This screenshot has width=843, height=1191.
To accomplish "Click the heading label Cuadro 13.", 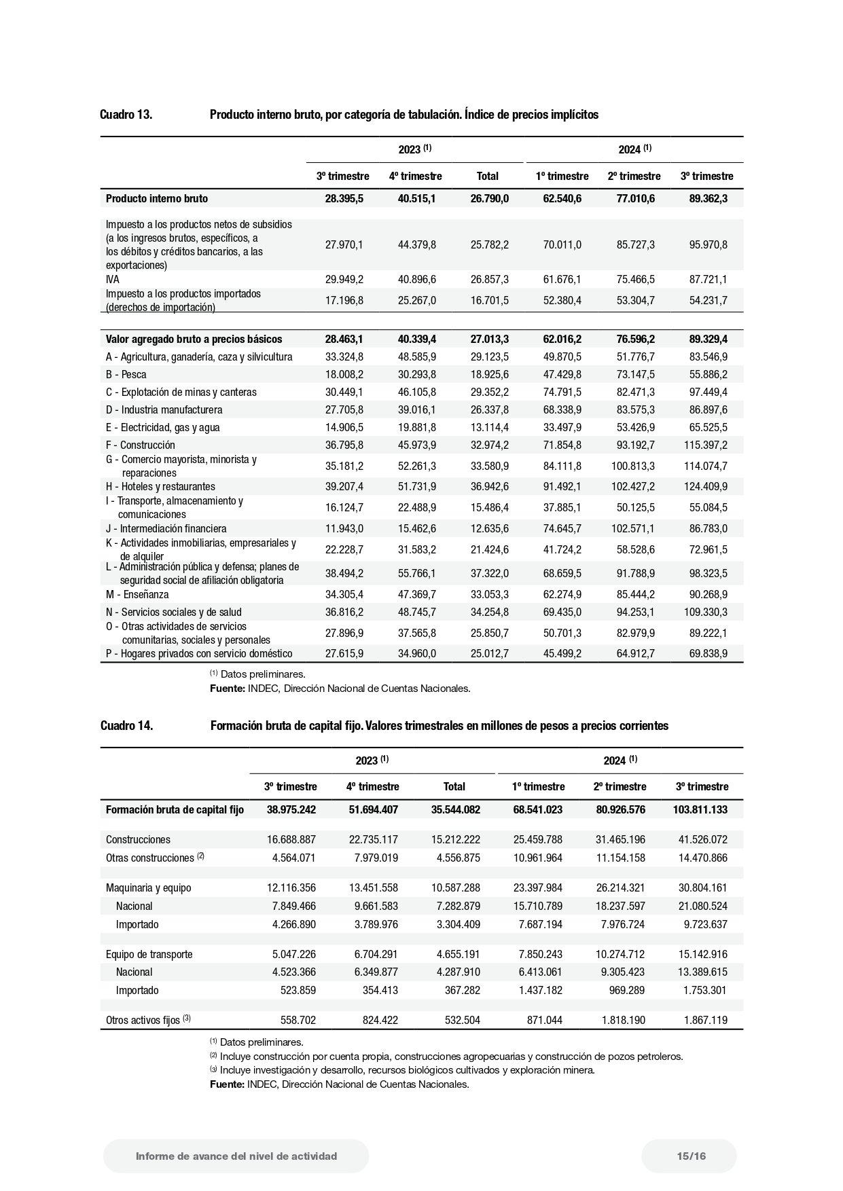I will [x=126, y=115].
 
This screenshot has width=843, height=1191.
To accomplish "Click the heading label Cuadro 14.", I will [x=126, y=726].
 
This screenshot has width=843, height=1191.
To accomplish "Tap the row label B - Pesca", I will [x=126, y=375].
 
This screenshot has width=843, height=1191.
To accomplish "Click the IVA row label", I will [x=113, y=279].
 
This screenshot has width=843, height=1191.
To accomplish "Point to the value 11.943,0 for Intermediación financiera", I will [x=344, y=529].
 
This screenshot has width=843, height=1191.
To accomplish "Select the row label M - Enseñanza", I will [x=137, y=595].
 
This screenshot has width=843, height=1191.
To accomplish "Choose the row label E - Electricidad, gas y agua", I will [x=162, y=428].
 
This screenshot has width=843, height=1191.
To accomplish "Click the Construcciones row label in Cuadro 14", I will [x=138, y=840].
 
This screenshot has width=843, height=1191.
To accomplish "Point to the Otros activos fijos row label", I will [x=148, y=1020].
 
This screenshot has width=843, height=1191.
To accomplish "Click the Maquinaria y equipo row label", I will [x=148, y=888].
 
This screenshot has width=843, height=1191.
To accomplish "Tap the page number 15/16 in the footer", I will [x=691, y=1156].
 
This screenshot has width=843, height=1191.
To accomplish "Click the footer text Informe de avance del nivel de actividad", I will [x=236, y=1156].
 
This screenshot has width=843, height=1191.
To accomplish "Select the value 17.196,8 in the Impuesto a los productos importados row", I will [x=344, y=300].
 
